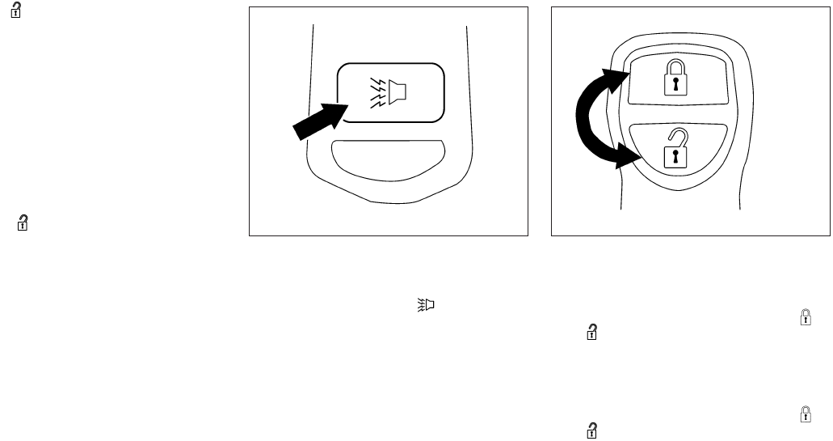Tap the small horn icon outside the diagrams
427,305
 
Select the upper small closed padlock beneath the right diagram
804,320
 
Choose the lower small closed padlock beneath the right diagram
804,415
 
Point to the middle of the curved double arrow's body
585,118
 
